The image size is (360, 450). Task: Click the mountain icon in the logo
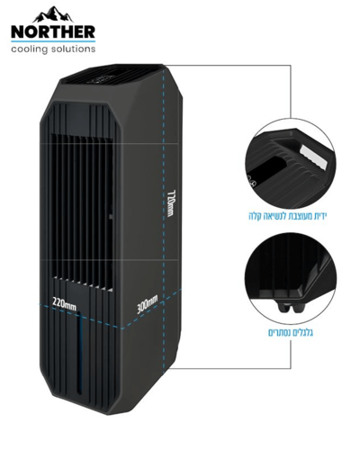53,15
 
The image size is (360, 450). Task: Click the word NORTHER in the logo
53,31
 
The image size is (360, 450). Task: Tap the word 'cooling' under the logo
30,49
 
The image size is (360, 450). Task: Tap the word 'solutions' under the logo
73,49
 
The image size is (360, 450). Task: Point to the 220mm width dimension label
64,303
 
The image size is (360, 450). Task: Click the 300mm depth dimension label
147,304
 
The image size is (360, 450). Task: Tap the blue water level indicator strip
79,353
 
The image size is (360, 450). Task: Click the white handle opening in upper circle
313,154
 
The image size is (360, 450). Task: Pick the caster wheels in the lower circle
292,307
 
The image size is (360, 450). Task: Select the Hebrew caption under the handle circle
287,216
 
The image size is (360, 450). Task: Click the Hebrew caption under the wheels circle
291,333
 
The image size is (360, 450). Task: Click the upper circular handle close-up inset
290,164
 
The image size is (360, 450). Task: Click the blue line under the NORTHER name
53,40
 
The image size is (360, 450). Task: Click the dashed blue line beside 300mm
151,309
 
